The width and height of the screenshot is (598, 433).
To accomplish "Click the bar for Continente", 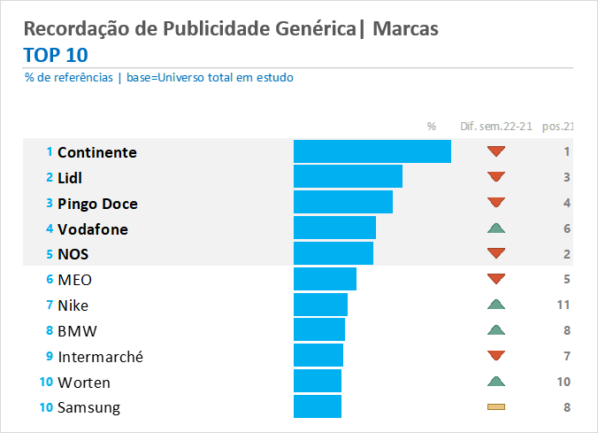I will pos(372,151).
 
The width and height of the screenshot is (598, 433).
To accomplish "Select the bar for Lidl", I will pos(348,177).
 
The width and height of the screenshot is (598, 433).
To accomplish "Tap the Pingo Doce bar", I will pos(342,203).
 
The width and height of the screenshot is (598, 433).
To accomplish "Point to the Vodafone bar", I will pos(334,228).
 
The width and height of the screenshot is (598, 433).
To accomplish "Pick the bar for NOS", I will pos(333,254).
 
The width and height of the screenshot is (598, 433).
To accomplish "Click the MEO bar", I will pos(325,280).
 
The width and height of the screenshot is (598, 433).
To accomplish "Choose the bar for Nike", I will pos(320,305).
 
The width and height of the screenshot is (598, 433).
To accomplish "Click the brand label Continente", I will pos(96,152).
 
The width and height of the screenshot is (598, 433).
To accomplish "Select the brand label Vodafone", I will pos(92,229).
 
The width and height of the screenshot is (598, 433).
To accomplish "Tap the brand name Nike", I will pos(73,306).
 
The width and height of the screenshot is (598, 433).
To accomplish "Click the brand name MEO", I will pos(74,281).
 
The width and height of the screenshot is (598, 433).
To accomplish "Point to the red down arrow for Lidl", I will pos(496,177).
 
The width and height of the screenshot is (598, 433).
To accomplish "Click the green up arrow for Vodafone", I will pos(496,228).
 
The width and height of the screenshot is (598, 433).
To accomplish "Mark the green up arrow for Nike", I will pos(496,305).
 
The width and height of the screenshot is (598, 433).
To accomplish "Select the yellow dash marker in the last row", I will pos(496,407).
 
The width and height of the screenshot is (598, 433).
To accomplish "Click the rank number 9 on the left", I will pos(50,356).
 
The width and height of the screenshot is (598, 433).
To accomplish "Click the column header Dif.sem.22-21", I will pos(496,127).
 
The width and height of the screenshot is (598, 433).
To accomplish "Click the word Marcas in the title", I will pos(405,29).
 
